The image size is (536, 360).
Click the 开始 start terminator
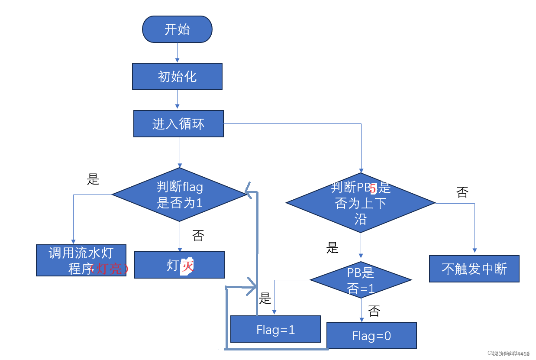177,29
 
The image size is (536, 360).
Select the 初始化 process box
177,77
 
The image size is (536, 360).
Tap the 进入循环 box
178,124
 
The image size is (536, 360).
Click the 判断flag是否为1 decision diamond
179,195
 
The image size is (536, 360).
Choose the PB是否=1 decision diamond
361,280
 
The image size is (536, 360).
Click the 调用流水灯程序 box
81,260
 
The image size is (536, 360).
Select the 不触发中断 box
474,269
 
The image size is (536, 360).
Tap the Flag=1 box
275,329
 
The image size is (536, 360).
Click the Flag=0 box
371,335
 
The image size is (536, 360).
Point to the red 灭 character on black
187,266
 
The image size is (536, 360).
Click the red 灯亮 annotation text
109,269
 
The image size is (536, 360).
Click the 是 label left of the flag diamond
93,179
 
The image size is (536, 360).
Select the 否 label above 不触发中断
462,192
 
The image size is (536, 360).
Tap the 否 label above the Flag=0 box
374,311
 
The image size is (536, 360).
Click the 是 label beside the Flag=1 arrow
265,298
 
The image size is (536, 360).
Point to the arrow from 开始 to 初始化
177,53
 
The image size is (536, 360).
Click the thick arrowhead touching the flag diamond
250,191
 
